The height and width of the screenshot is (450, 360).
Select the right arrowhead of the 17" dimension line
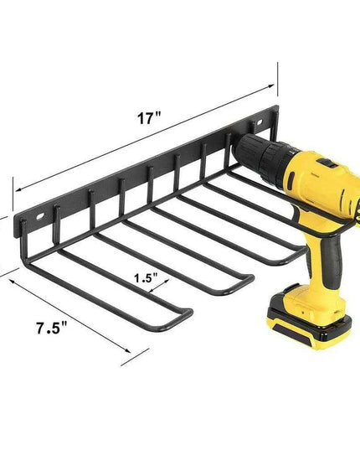pyautogui.click(x=275, y=85)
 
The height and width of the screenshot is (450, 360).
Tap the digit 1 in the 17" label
pyautogui.click(x=143, y=119)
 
